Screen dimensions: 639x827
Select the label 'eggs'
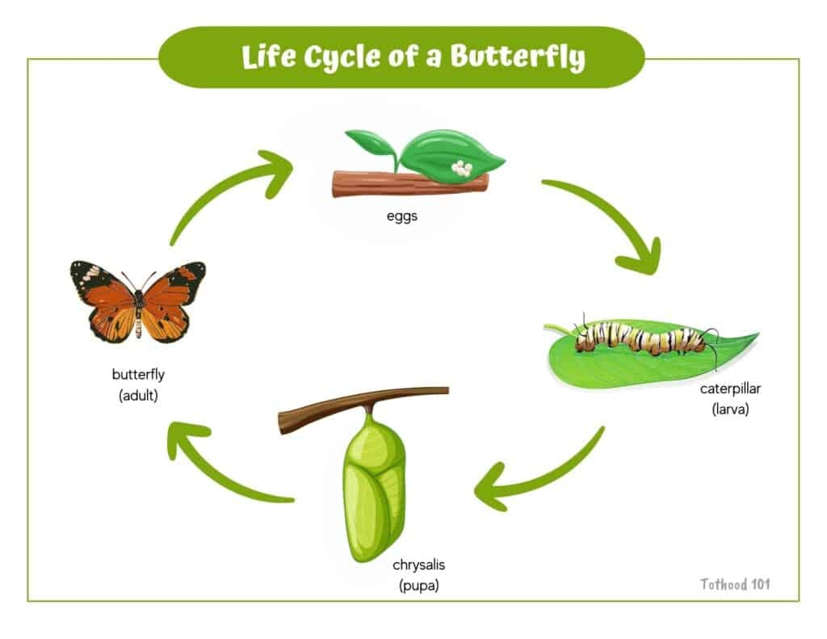[x=401, y=216]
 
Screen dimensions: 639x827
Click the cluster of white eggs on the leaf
[x=461, y=168]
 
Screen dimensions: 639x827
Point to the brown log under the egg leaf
[x=409, y=184]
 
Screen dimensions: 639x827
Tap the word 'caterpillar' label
[x=730, y=389]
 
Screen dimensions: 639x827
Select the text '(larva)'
[x=730, y=409]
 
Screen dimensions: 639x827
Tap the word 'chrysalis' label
[x=418, y=565]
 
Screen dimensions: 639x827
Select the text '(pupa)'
[x=418, y=586]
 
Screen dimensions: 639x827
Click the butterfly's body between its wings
[x=138, y=305]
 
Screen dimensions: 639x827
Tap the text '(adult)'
[x=137, y=395]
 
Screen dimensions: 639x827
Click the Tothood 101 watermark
[x=735, y=584]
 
